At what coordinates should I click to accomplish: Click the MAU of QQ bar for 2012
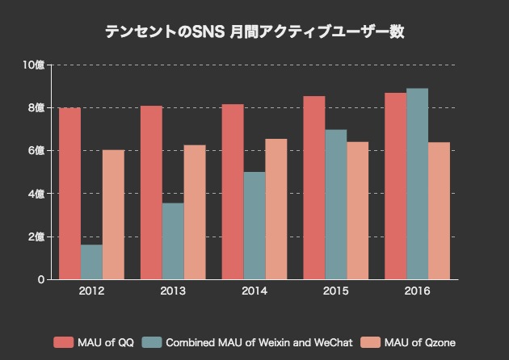coord(70,194)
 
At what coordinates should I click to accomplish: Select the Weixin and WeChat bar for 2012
coord(91,262)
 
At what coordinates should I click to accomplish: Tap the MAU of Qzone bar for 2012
coord(113,215)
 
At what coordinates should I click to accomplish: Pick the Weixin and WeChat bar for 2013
coord(173,241)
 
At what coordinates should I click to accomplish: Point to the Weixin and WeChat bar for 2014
coord(254,226)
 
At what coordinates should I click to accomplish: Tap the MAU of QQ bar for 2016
coord(396,186)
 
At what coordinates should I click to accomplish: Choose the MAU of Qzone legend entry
coord(407,343)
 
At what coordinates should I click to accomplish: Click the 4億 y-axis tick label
coord(36,194)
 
